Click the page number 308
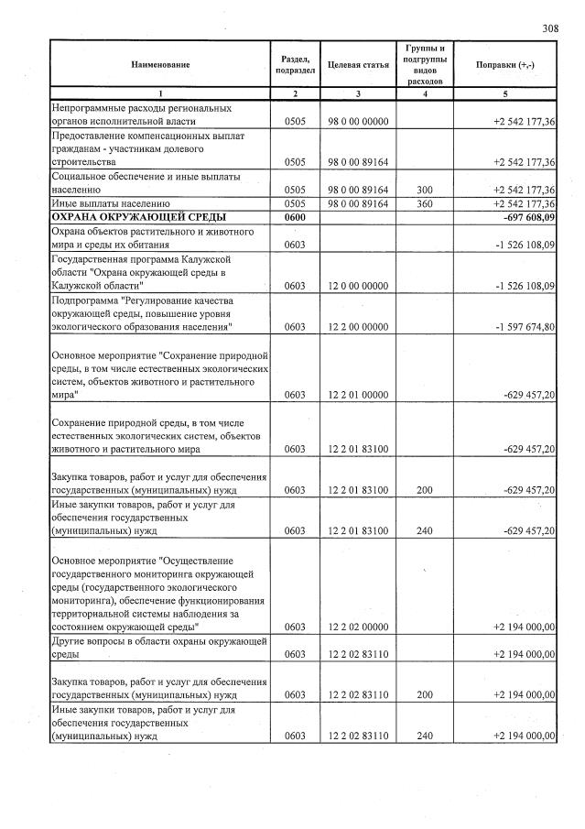[x=550, y=28]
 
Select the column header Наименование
[x=160, y=66]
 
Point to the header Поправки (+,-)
[x=506, y=66]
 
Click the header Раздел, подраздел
[x=295, y=66]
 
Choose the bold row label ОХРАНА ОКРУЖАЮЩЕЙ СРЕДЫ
[x=138, y=217]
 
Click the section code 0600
[x=294, y=217]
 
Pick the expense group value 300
[x=424, y=190]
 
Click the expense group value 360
[x=424, y=203]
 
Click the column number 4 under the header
[x=424, y=94]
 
